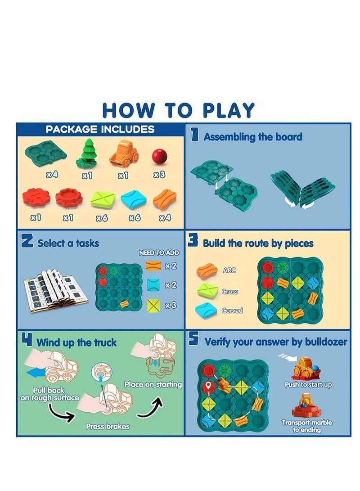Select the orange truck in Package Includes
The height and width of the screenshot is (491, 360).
[123, 155]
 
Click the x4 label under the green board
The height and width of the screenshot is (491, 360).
[52, 175]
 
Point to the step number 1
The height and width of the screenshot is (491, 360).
[195, 136]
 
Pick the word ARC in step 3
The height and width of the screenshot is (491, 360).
[229, 270]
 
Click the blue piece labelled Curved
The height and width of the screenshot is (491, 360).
[207, 310]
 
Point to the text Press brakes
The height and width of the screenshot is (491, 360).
[108, 426]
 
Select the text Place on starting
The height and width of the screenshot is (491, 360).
[153, 384]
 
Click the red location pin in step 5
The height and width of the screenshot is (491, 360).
[207, 386]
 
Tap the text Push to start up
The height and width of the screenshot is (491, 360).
[308, 385]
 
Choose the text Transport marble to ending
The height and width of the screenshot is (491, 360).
[307, 426]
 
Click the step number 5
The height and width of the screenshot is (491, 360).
[194, 341]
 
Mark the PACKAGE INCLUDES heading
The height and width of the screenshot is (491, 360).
[100, 130]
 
